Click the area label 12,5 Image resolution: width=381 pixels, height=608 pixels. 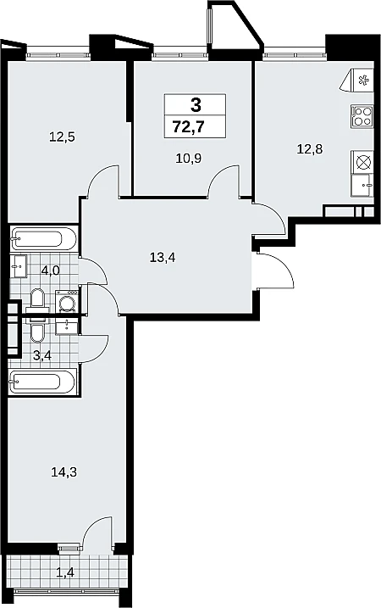pos(62,137)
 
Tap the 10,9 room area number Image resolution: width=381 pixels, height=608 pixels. pos(189,159)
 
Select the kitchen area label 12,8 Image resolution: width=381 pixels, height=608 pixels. pos(310,148)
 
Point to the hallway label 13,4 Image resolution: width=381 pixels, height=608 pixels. pos(163,257)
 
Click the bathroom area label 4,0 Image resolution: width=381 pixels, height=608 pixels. pos(50,271)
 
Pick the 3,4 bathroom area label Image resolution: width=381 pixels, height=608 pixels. pos(42,355)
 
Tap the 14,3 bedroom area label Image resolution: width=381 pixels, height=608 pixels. pos(63,472)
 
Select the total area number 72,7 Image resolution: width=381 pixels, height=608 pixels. pos(189,127)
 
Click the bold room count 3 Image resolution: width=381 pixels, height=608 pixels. pos(196,104)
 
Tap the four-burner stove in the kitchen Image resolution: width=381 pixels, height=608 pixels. pos(362,116)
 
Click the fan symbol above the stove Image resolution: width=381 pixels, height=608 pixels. pos(363,81)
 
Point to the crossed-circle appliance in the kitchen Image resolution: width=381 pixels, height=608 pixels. pos(363,162)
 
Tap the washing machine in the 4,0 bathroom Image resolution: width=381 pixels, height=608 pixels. pos(68,300)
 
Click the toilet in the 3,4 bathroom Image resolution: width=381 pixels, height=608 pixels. pos(37,331)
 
